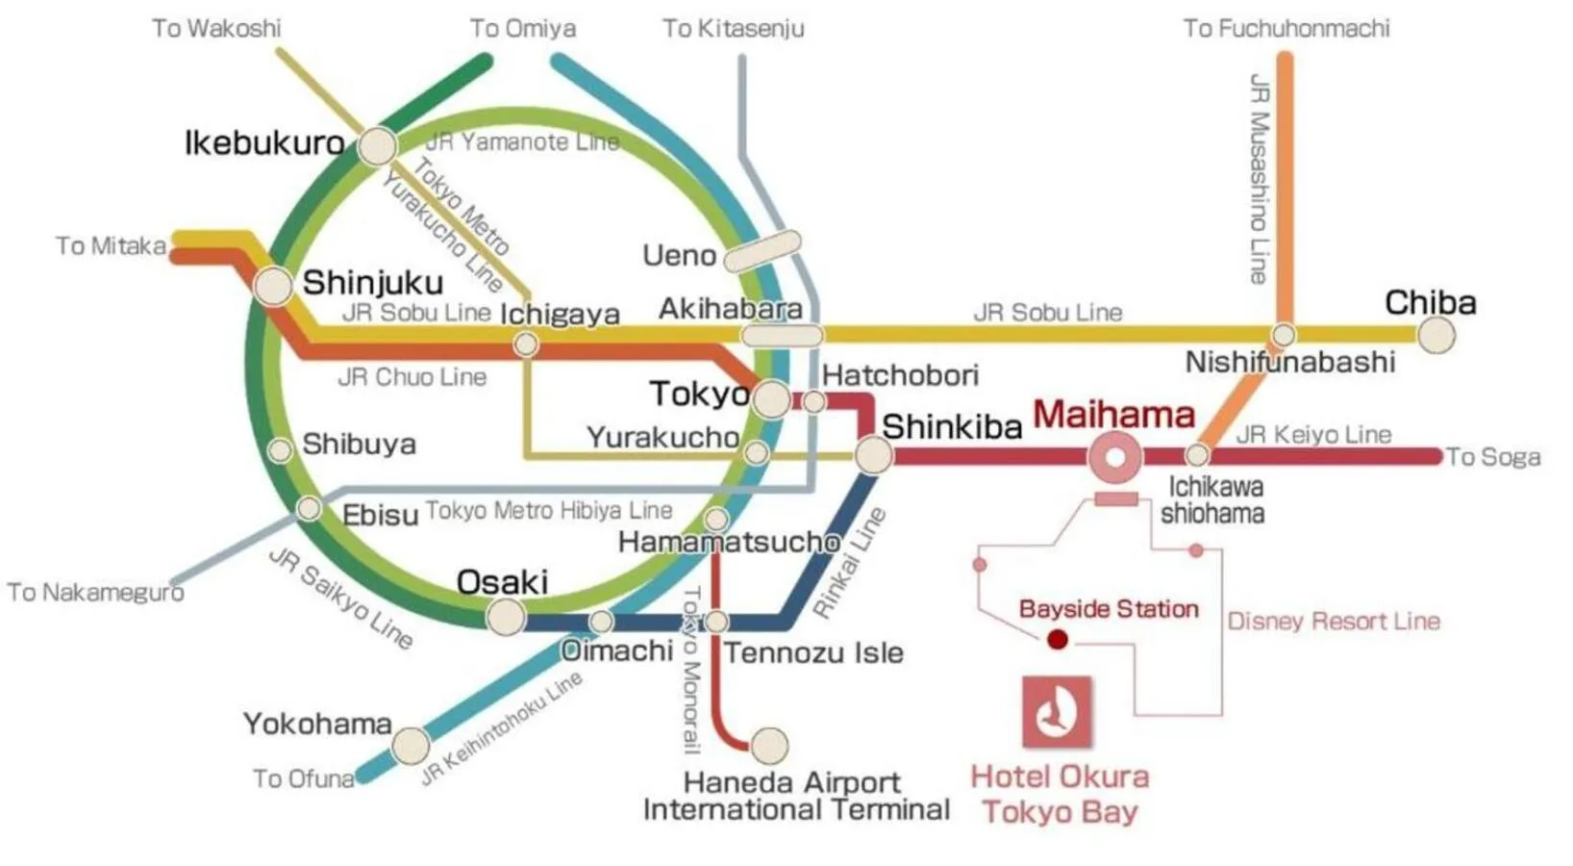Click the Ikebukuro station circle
[377, 146]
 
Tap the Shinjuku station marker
[274, 286]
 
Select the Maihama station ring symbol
[1115, 457]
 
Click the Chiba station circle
[1436, 335]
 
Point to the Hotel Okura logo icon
[1057, 712]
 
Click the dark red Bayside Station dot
[1057, 639]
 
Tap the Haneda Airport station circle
[768, 744]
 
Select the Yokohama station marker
[411, 745]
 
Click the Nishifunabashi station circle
[1284, 335]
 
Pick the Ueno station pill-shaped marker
[762, 250]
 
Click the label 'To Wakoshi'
[216, 28]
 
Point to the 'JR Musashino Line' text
[1259, 178]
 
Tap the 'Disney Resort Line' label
[1334, 621]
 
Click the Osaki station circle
[506, 616]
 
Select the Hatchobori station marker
[813, 401]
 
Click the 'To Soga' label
[1493, 457]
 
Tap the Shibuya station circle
[280, 449]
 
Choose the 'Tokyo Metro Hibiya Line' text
[549, 510]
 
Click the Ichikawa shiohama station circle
[1197, 454]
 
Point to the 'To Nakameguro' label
[95, 592]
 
